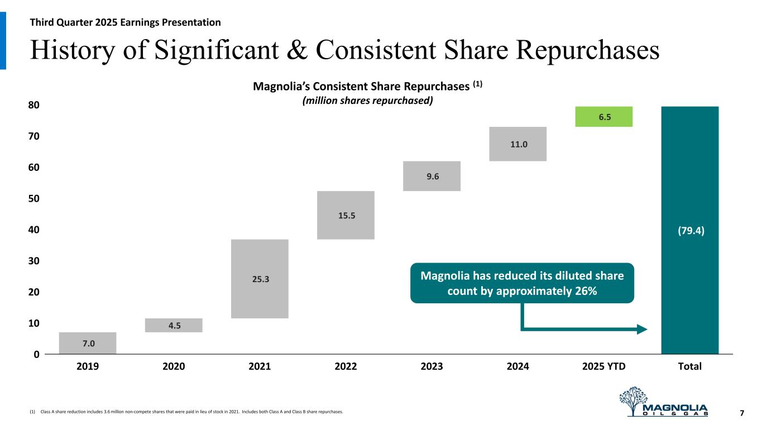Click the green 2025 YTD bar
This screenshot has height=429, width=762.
pyautogui.click(x=603, y=117)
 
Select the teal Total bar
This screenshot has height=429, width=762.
pyautogui.click(x=689, y=230)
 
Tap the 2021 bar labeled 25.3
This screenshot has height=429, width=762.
pyautogui.click(x=260, y=279)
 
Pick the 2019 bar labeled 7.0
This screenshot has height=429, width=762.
pyautogui.click(x=88, y=343)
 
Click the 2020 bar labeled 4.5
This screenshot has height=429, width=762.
pyautogui.click(x=174, y=325)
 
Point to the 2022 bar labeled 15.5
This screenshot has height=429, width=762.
pyautogui.click(x=346, y=215)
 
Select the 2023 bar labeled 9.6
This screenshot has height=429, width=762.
pyautogui.click(x=432, y=176)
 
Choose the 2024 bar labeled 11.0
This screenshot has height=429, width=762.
pyautogui.click(x=517, y=144)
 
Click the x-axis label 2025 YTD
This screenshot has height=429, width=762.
pyautogui.click(x=603, y=367)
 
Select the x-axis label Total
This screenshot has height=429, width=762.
pyautogui.click(x=689, y=367)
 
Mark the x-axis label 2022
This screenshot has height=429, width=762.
pyautogui.click(x=346, y=367)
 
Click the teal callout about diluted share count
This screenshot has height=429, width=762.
pyautogui.click(x=522, y=283)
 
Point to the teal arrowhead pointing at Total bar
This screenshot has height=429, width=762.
pyautogui.click(x=642, y=330)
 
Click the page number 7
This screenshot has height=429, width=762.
pyautogui.click(x=742, y=413)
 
